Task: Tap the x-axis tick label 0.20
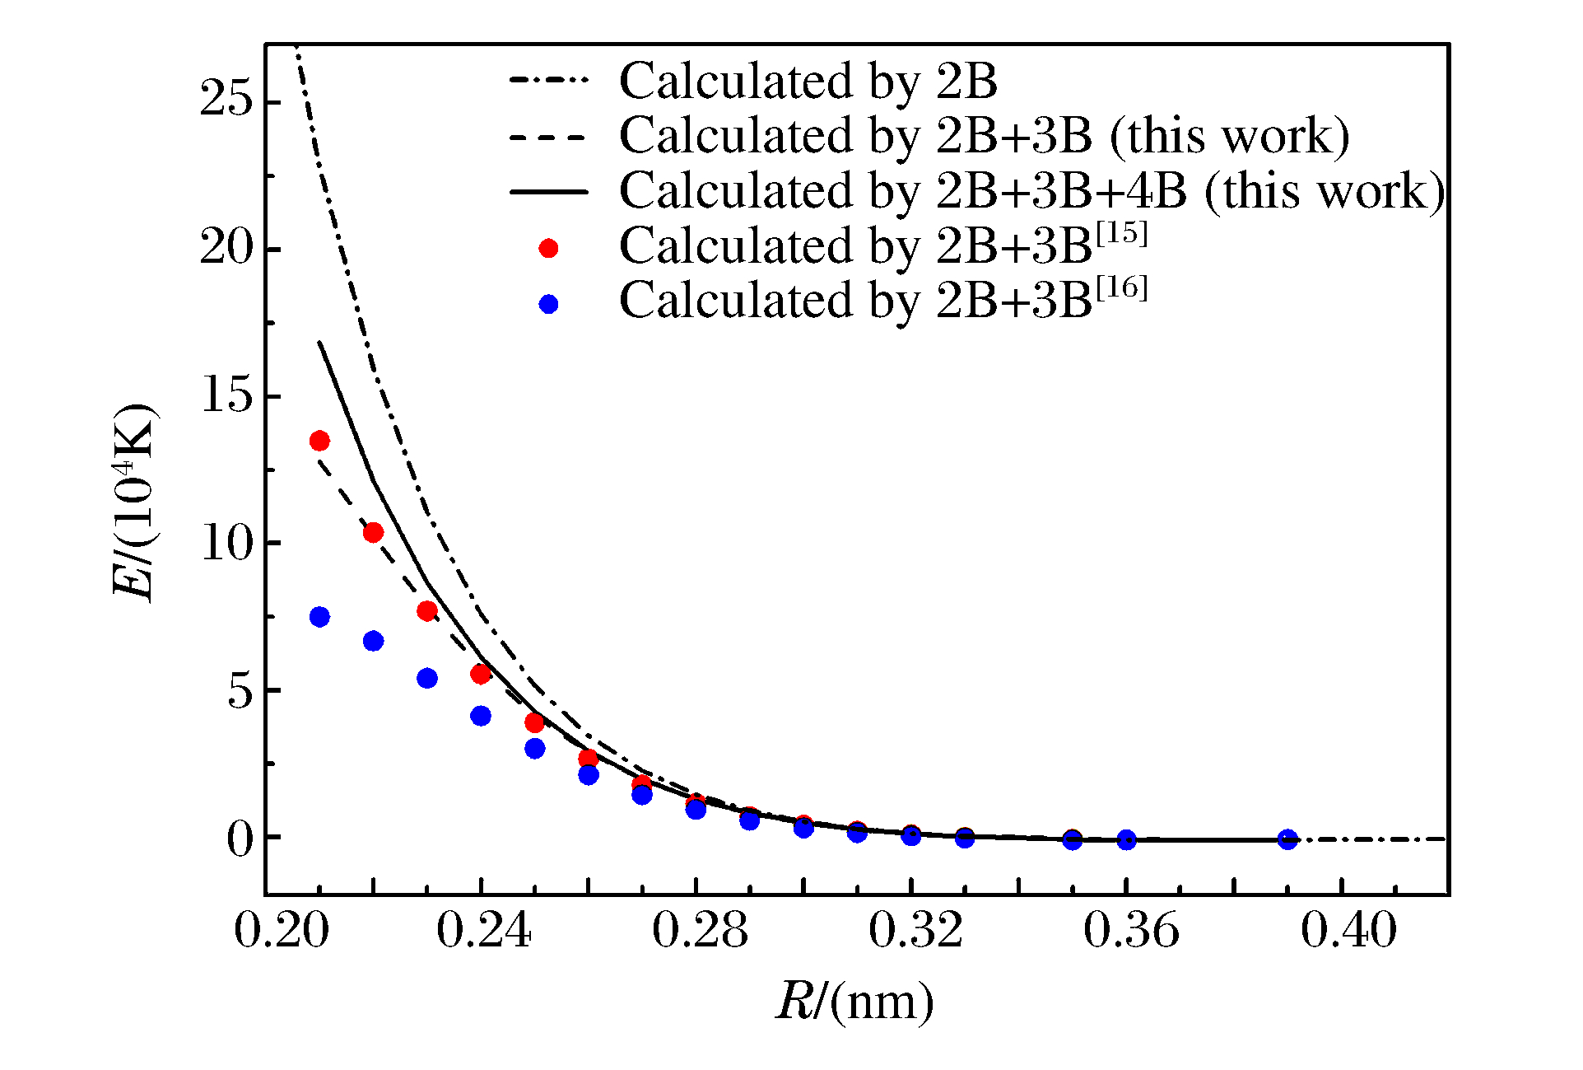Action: coord(282,931)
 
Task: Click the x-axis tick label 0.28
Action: coord(700,931)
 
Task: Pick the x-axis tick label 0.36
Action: coord(1131,931)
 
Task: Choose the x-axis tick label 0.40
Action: coord(1348,931)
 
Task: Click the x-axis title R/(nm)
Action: coord(854,1002)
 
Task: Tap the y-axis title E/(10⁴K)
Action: coord(134,502)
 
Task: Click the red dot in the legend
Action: coord(548,248)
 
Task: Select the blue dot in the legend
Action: coord(548,304)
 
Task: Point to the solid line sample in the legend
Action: coord(548,192)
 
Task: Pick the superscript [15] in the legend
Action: coord(1120,234)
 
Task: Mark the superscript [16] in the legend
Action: coord(1120,289)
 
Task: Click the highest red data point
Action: coord(319,441)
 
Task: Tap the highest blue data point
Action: coord(319,617)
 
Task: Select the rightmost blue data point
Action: coord(1287,839)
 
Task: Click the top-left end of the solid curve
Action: coord(319,342)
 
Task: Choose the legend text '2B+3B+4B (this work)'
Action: coord(1190,191)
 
